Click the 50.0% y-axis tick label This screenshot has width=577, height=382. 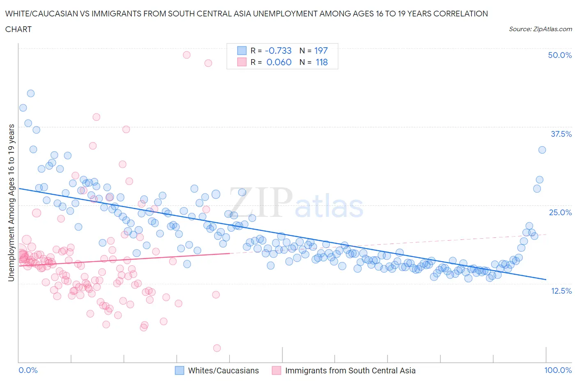tap(559, 55)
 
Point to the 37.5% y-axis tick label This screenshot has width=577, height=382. tap(561, 134)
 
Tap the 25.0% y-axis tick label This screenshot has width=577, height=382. tap(560, 212)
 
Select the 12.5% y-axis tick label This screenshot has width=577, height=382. tap(561, 291)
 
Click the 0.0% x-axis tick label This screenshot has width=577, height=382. tap(28, 370)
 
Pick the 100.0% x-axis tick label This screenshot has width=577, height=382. tap(558, 370)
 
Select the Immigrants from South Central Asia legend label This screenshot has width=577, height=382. tap(350, 370)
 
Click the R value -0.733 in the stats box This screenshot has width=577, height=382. tap(278, 51)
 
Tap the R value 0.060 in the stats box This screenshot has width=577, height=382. tap(279, 62)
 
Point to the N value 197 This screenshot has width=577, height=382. tap(321, 51)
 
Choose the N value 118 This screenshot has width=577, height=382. tap(322, 62)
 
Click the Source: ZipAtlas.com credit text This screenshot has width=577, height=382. tap(540, 29)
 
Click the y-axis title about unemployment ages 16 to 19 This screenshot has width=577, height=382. tap(11, 203)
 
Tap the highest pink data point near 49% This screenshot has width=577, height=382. tap(187, 55)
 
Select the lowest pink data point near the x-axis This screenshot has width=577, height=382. tap(217, 348)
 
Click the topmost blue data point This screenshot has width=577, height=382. tap(31, 93)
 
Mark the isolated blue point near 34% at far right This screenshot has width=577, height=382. tap(542, 150)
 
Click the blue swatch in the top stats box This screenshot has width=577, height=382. tap(242, 51)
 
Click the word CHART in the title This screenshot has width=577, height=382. tap(18, 29)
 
